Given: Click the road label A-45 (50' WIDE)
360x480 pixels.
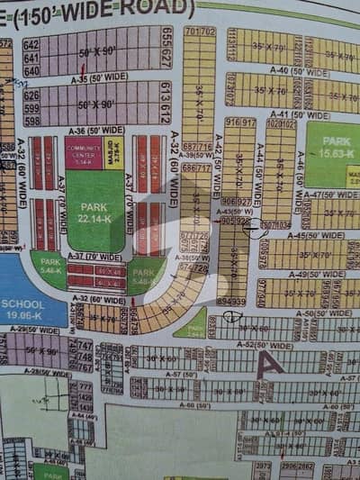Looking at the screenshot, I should click(x=310, y=236).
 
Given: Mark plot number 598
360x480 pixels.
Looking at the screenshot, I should click(x=31, y=120).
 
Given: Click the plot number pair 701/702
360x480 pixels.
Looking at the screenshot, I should click(x=200, y=32).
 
